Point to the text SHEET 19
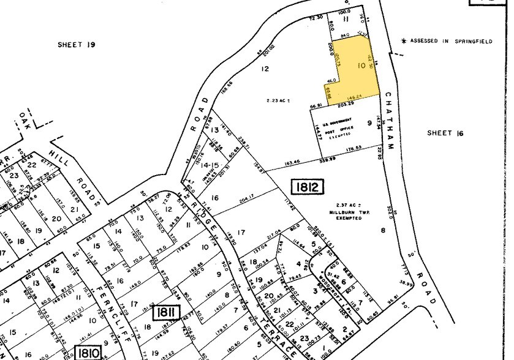click(78, 44)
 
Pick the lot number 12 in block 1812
click(265, 69)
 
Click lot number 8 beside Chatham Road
click(383, 230)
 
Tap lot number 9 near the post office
click(369, 122)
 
